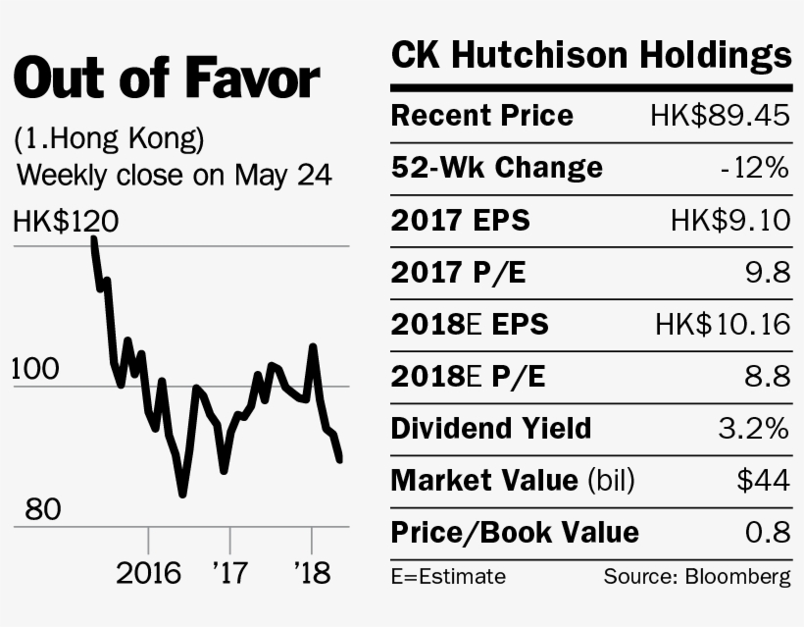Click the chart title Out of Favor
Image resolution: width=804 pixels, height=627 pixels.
(x=167, y=79)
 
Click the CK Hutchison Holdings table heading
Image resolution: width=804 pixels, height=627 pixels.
(x=590, y=56)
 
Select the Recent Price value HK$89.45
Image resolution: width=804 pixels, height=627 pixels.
(x=719, y=116)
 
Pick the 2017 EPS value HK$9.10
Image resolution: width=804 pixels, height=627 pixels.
(x=730, y=221)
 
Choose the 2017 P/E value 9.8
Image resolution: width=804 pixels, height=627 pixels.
(x=767, y=273)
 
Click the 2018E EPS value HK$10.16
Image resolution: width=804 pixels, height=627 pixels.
(x=723, y=325)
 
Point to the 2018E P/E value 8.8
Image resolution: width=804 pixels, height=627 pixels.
(x=767, y=377)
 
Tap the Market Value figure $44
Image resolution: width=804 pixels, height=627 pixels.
(x=763, y=481)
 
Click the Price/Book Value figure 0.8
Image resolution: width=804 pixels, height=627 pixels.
(x=767, y=533)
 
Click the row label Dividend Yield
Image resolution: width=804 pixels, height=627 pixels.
(x=490, y=429)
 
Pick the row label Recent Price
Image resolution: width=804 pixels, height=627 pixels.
(x=481, y=116)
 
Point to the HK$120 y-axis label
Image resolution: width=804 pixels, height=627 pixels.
(x=66, y=223)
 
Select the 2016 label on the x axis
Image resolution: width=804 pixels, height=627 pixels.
(x=148, y=573)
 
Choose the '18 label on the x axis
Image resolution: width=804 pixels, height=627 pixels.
(x=311, y=573)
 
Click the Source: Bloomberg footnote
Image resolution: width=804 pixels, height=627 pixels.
(x=696, y=576)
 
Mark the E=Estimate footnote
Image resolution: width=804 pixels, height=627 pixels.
(x=448, y=576)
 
